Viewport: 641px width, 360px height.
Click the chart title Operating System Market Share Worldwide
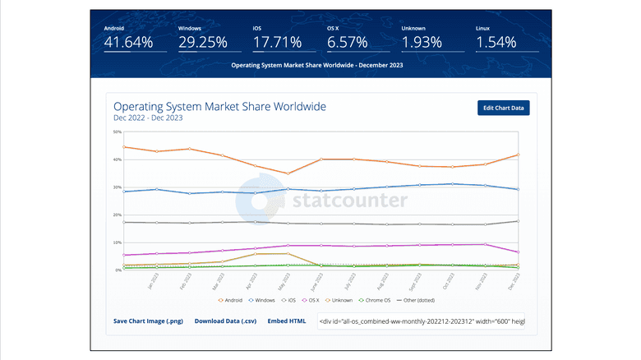219,107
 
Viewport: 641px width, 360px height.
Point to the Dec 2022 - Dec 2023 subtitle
148,118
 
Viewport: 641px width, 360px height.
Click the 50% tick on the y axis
118,132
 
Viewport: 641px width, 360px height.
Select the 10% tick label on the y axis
118,242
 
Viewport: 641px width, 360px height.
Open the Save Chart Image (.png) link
148,321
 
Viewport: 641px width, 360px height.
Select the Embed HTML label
287,321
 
